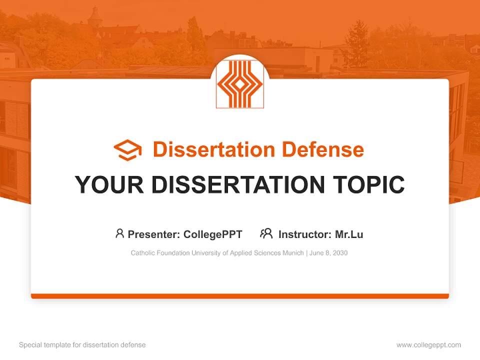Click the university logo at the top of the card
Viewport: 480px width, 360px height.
pos(239,84)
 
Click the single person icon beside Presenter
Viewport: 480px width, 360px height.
pos(119,233)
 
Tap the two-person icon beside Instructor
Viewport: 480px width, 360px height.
pos(266,233)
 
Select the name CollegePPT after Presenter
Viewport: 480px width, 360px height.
pos(213,234)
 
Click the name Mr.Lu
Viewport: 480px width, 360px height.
pos(349,234)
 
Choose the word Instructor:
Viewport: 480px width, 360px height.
pos(305,234)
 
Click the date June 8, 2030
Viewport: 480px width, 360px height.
pos(328,253)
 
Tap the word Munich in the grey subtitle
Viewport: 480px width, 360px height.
pos(292,253)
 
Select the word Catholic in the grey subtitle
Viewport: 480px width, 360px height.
pos(142,253)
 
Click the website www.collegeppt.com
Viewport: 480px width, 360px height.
pos(428,345)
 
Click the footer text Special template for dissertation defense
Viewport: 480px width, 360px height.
pos(82,345)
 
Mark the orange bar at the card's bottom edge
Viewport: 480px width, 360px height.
pos(239,296)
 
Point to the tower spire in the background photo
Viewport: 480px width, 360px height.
pos(94,15)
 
